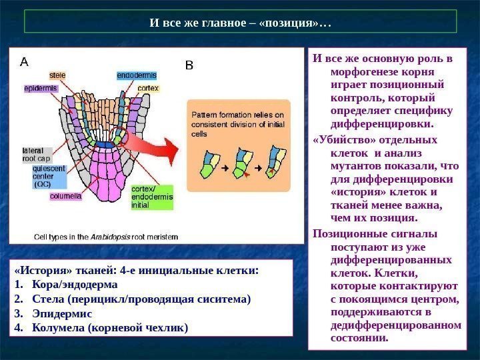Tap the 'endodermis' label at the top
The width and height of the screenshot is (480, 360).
tap(137, 75)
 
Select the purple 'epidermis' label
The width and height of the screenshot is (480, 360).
tap(41, 88)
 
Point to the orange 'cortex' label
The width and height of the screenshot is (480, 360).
tap(147, 88)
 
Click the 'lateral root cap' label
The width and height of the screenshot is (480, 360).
tap(37, 155)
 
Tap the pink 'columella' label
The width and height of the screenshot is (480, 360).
tap(65, 196)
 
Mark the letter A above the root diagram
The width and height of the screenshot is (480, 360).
tap(24, 62)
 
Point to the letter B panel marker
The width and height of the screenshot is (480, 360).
tap(189, 65)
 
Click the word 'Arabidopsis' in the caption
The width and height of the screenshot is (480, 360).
tap(111, 236)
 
